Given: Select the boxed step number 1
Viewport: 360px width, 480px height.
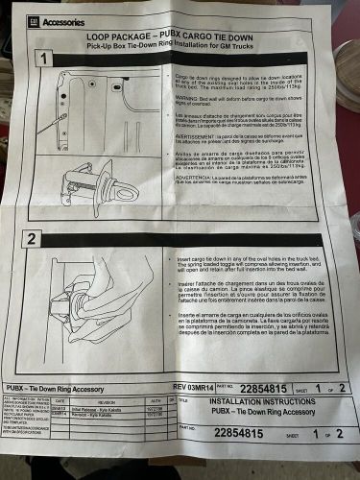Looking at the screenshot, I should (41, 58).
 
